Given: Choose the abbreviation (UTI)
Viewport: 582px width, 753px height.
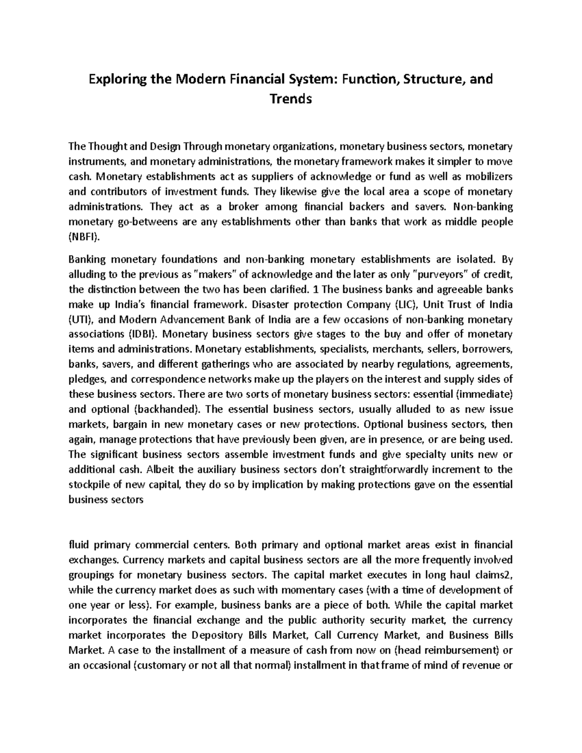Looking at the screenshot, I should click(x=83, y=320).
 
